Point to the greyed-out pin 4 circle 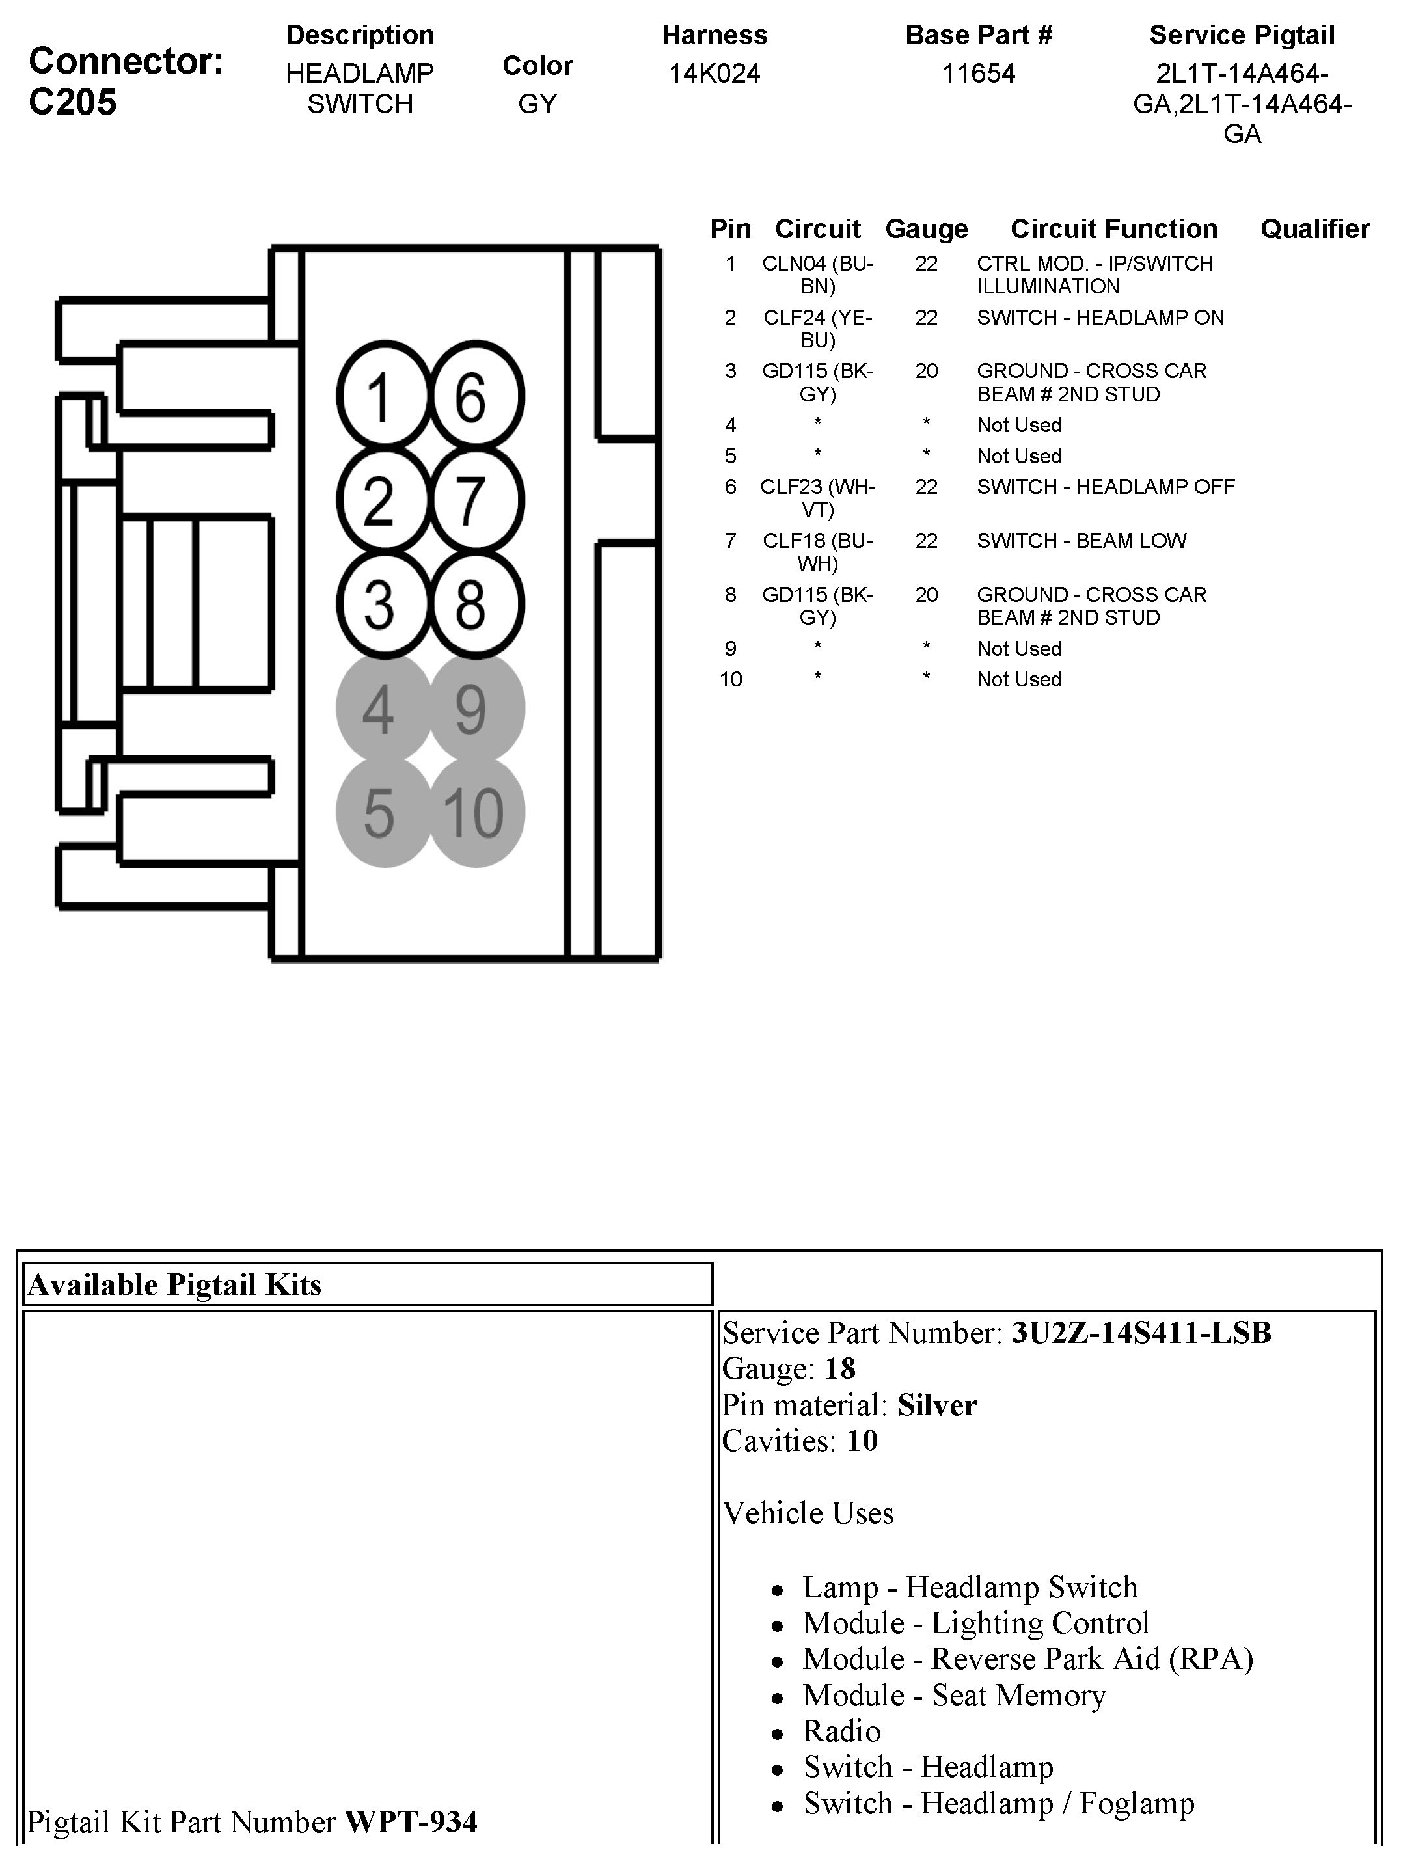[383, 709]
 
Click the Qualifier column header [1314, 228]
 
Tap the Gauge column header [926, 228]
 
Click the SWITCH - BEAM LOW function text [1081, 541]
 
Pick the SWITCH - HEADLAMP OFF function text [1105, 487]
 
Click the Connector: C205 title [126, 81]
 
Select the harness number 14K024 [714, 74]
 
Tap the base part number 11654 [978, 74]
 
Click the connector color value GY [537, 104]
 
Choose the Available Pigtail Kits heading [174, 1284]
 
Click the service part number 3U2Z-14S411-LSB [1141, 1333]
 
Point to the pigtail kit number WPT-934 [411, 1821]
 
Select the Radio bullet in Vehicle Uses [841, 1731]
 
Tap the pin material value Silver [937, 1405]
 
